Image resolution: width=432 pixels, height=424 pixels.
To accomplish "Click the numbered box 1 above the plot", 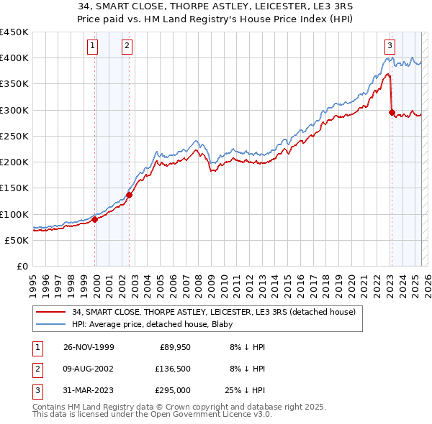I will pos(94,46).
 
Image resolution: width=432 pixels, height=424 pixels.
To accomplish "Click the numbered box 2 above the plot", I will pos(127,46).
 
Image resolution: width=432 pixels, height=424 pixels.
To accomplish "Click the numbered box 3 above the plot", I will pos(390,46).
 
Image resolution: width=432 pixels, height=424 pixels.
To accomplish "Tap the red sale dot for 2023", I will pos(392,112).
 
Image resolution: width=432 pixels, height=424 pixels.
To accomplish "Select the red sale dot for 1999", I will pos(95,219).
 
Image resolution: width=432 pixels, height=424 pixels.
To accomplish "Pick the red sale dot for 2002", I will pos(130,195).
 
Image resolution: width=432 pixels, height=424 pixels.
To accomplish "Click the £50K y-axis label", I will pos(17,240).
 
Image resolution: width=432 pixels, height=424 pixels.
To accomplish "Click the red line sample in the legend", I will pos(51,313).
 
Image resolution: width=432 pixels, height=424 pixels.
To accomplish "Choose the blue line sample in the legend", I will pos(51,324).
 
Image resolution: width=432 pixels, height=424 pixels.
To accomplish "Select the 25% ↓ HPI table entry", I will pos(246,390).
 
